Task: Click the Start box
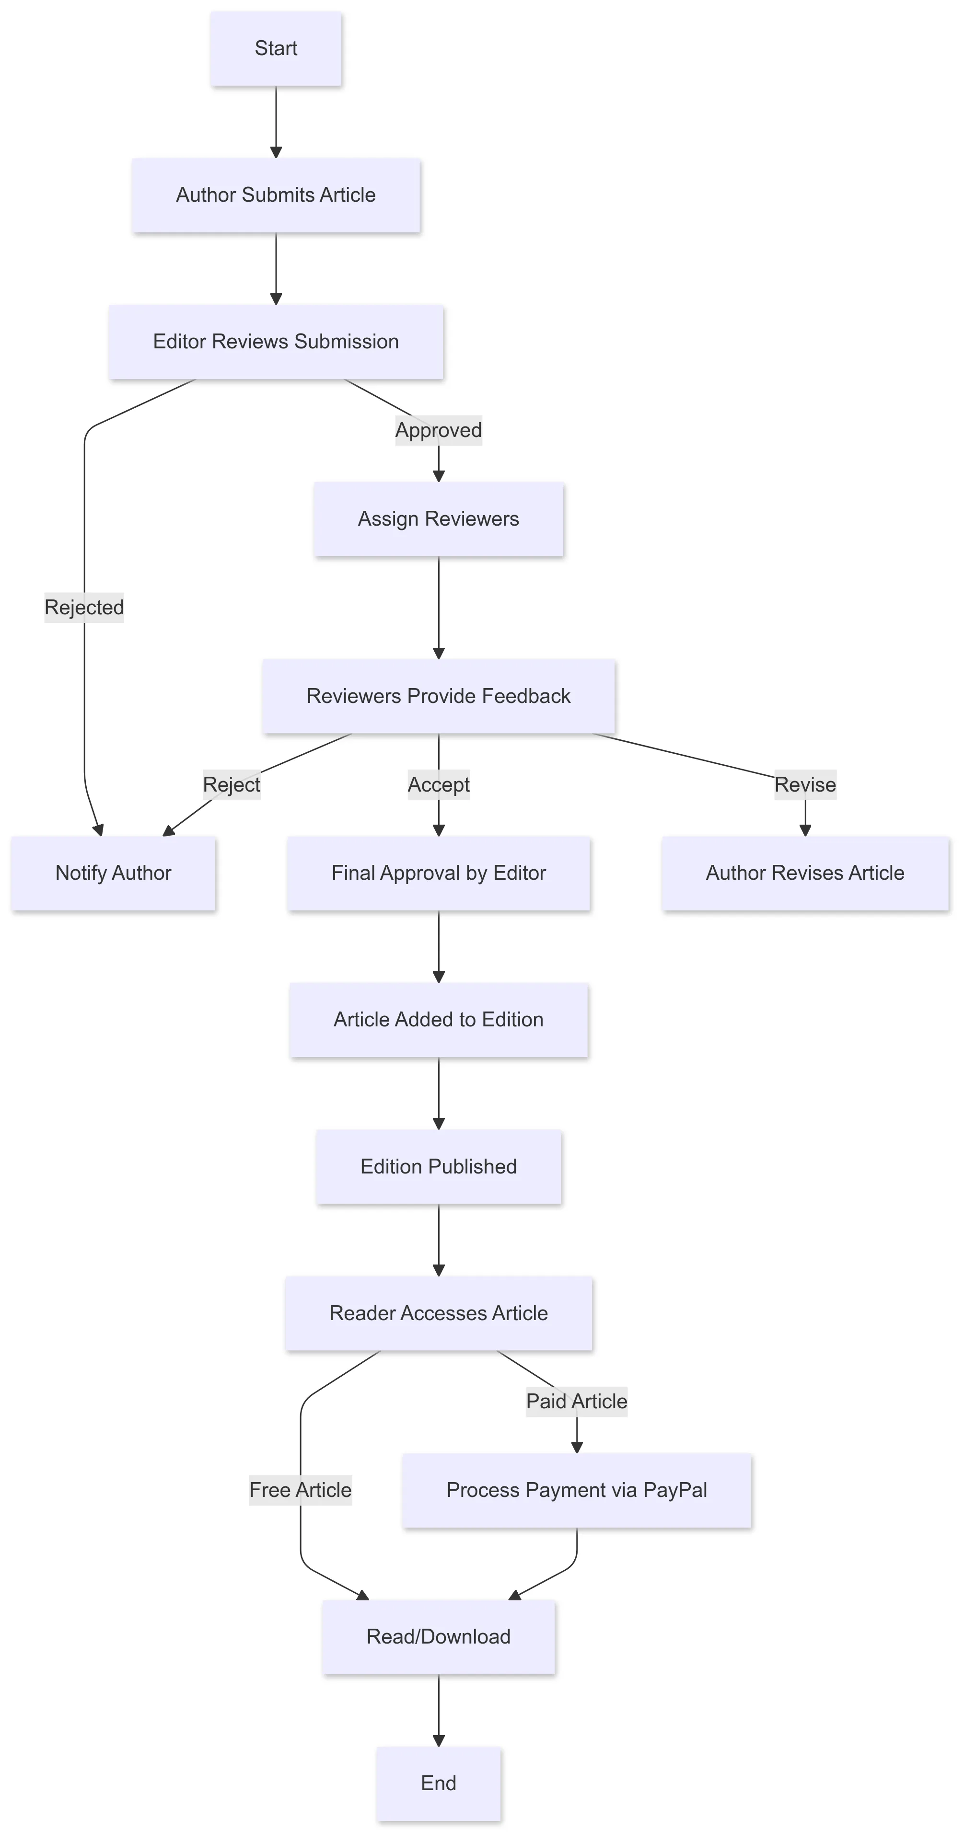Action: (276, 48)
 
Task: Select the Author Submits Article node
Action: (276, 195)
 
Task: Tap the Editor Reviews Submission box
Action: (276, 342)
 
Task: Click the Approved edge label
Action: (438, 430)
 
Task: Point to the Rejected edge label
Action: (84, 607)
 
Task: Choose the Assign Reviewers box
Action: (438, 518)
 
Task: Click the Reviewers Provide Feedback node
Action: (438, 696)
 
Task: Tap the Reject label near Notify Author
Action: (232, 784)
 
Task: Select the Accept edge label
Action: (438, 784)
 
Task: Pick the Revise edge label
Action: (805, 784)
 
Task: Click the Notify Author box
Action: (113, 873)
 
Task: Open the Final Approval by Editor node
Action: (438, 873)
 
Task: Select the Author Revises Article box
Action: (805, 873)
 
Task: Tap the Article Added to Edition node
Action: (438, 1019)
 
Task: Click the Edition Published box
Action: (438, 1166)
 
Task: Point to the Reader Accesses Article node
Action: (438, 1313)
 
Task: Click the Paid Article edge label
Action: (577, 1402)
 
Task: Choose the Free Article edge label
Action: (300, 1490)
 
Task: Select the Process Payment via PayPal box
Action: (577, 1490)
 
